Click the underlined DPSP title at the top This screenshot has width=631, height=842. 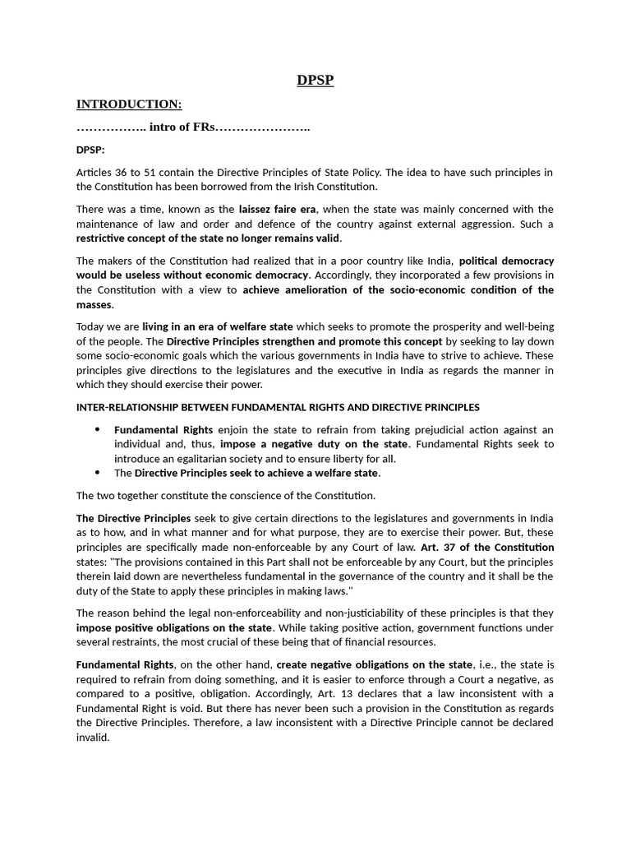pyautogui.click(x=315, y=80)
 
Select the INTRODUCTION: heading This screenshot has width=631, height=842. pyautogui.click(x=129, y=104)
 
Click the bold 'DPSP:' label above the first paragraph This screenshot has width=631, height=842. pyautogui.click(x=90, y=150)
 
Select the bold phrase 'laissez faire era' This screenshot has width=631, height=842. pyautogui.click(x=278, y=209)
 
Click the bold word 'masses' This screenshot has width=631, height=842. pyautogui.click(x=94, y=304)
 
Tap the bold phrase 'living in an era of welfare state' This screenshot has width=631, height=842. pyautogui.click(x=218, y=326)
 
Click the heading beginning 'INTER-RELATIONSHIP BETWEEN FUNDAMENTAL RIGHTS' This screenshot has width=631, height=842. pyautogui.click(x=278, y=407)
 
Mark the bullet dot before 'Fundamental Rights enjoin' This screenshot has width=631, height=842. pyautogui.click(x=98, y=429)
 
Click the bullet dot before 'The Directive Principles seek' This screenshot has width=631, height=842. pyautogui.click(x=98, y=473)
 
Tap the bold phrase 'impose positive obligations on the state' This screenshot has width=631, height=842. pyautogui.click(x=173, y=627)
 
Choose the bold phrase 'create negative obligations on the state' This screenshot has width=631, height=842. pyautogui.click(x=375, y=664)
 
